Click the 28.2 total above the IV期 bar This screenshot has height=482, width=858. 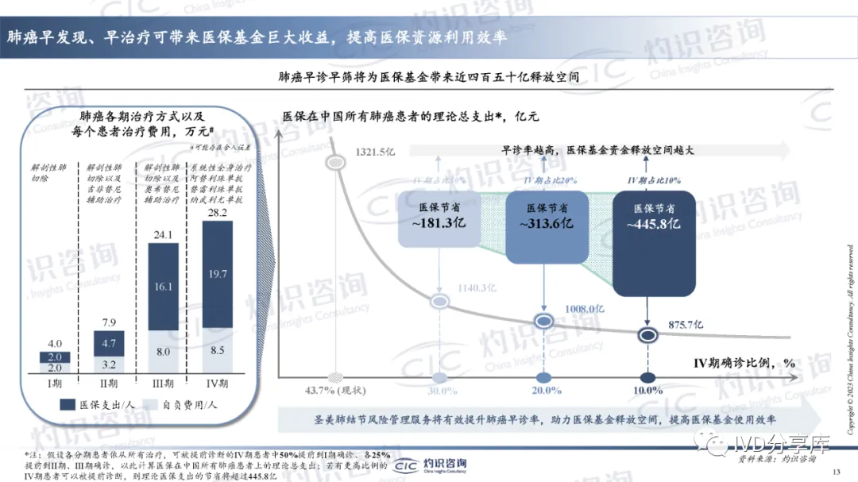click(x=218, y=213)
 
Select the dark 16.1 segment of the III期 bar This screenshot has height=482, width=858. click(x=163, y=287)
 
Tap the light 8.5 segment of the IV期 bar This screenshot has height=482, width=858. click(x=218, y=350)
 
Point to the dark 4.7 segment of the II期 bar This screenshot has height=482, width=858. click(x=110, y=344)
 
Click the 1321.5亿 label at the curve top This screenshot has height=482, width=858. click(x=374, y=152)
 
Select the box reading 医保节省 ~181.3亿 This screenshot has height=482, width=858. click(x=436, y=215)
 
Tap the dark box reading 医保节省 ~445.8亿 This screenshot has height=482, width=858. click(x=654, y=216)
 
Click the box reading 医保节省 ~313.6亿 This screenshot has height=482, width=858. click(x=545, y=215)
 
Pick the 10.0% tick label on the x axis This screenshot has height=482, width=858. click(x=647, y=391)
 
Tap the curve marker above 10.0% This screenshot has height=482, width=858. click(x=647, y=334)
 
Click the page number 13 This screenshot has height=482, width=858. click(x=836, y=472)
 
